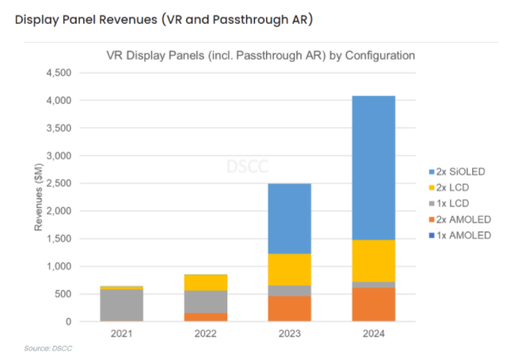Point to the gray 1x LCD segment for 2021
121,304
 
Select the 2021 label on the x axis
121,335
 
